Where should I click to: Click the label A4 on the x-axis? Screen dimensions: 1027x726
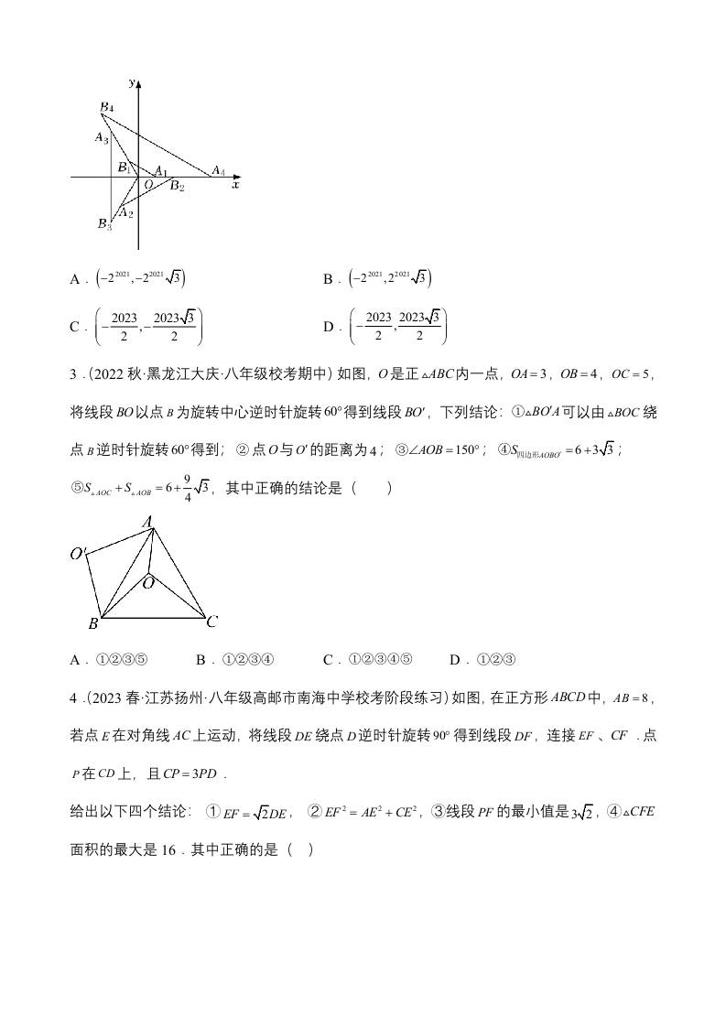pos(218,170)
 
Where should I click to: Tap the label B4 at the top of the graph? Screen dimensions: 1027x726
pos(106,108)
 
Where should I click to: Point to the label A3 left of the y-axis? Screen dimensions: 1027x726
pos(102,138)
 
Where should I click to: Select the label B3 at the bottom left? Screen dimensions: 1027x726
pos(104,224)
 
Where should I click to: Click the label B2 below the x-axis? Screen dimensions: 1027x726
pos(177,187)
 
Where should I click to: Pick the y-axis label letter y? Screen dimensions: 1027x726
pos(133,82)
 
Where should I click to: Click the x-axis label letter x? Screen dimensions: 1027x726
pos(235,185)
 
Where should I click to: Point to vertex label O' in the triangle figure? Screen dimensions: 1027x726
pos(79,553)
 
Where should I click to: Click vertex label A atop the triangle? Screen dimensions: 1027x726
pos(146,522)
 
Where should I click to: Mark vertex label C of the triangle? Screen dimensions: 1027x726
pos(211,622)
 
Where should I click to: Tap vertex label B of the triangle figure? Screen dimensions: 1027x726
pos(92,624)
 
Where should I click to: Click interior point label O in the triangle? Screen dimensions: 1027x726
pos(147,581)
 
